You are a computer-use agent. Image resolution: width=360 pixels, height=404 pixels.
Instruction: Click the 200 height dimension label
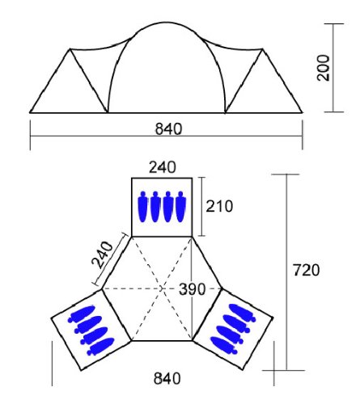click(323, 68)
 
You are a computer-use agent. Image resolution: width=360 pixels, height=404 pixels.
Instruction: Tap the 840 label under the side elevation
click(168, 128)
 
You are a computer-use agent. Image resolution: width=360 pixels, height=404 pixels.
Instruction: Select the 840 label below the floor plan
click(167, 378)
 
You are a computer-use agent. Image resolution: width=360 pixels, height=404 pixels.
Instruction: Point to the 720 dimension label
click(306, 270)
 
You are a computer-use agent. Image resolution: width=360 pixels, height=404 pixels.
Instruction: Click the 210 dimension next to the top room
click(219, 206)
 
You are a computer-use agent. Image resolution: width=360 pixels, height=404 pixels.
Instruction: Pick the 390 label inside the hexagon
click(193, 289)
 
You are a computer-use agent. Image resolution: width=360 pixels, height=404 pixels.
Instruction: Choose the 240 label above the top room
click(163, 167)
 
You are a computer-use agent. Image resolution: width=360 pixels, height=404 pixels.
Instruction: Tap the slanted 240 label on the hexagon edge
click(103, 255)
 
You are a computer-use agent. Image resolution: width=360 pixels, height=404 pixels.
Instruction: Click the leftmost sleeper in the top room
click(143, 207)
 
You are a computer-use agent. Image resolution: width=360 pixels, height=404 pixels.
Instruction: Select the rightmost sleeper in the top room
click(180, 207)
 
